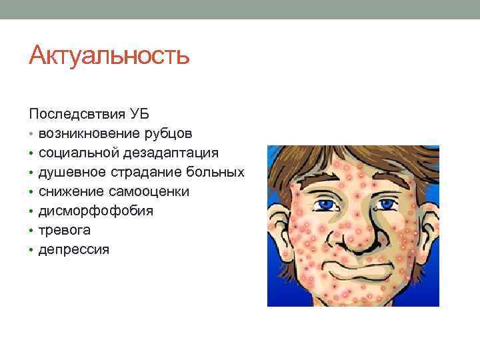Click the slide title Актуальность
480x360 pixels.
pyautogui.click(x=109, y=56)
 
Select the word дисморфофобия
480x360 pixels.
pyautogui.click(x=95, y=211)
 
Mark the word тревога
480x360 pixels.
pyautogui.click(x=65, y=231)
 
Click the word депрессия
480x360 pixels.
pyautogui.click(x=74, y=250)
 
